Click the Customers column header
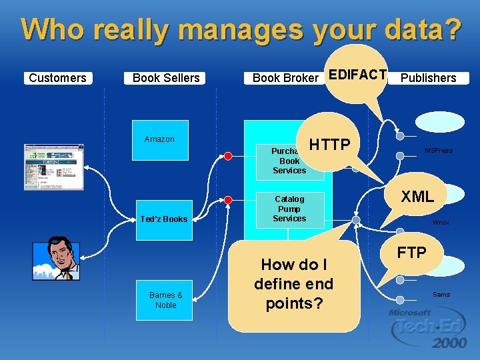click(58, 78)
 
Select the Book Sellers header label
click(166, 78)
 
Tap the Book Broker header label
click(285, 78)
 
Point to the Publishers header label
click(429, 78)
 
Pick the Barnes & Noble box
click(166, 300)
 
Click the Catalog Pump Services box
click(289, 209)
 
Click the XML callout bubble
click(417, 196)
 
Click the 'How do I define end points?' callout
click(294, 284)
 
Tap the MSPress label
click(439, 151)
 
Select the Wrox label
click(441, 223)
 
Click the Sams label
click(441, 294)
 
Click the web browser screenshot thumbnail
click(54, 167)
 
